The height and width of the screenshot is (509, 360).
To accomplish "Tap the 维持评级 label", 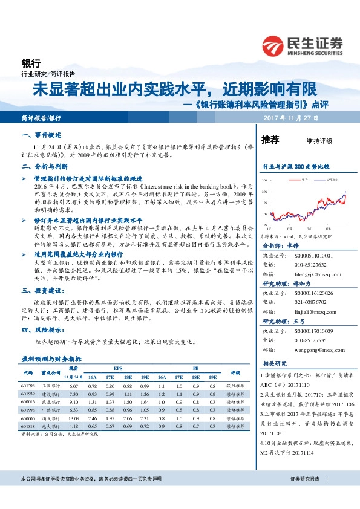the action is [320, 141].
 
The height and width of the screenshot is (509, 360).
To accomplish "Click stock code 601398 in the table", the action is [28, 386].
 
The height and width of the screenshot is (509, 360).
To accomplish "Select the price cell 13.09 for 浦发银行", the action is [74, 418].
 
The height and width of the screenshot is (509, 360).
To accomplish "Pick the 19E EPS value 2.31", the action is [143, 418].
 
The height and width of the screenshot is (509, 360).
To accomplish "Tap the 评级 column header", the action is [235, 372].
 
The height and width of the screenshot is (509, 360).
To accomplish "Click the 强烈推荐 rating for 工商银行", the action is [235, 386].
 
